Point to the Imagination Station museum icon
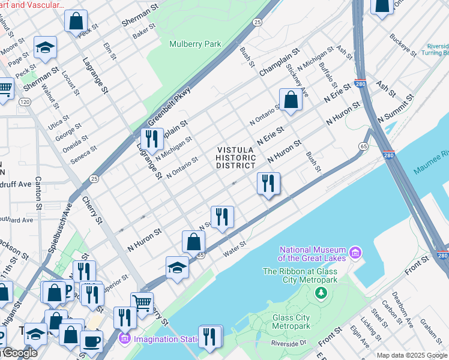tap(124, 339)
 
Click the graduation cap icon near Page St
tap(45, 47)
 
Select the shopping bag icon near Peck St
tap(76, 21)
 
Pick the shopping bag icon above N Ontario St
tap(291, 100)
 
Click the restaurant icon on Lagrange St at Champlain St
tap(152, 139)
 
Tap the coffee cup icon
tap(91, 341)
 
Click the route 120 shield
tap(25, 102)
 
